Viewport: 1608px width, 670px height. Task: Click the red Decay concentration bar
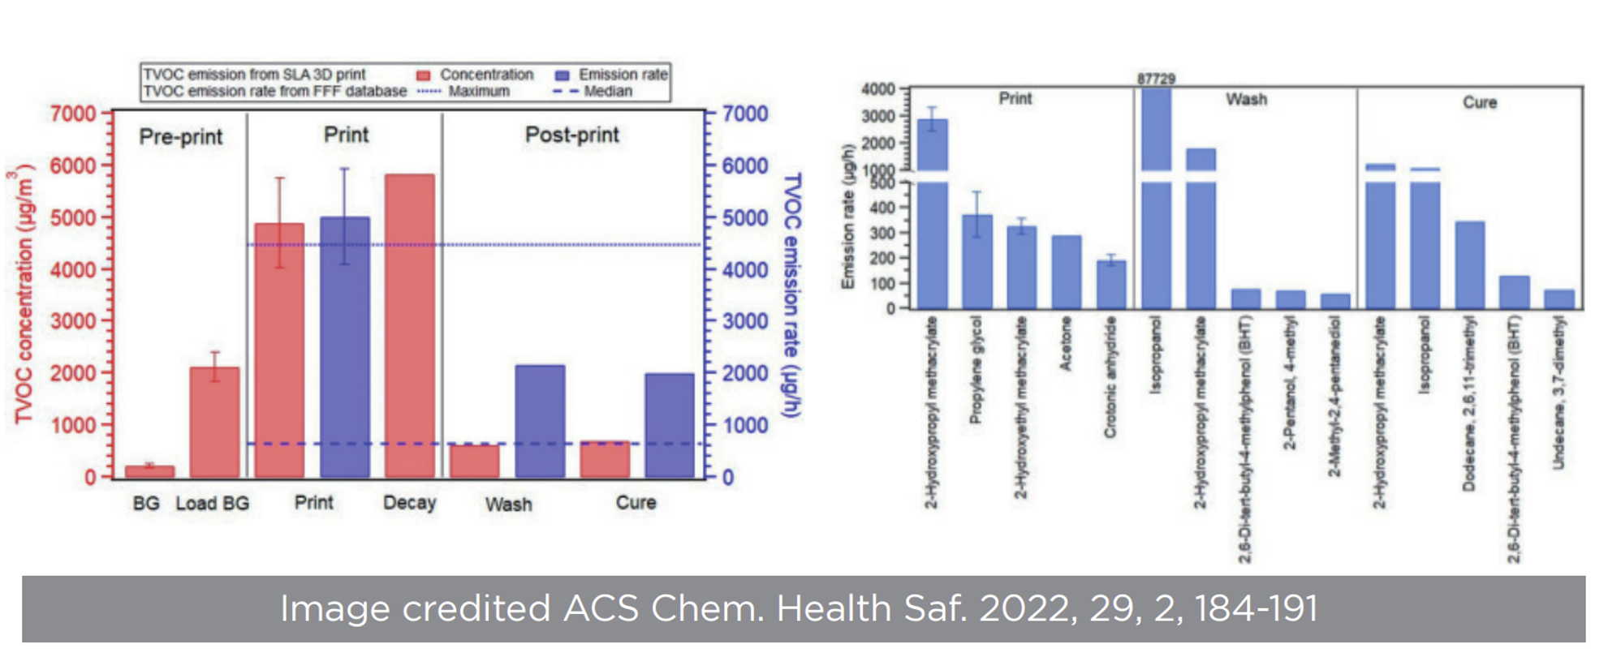coord(409,324)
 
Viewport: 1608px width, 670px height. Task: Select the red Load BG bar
coord(214,422)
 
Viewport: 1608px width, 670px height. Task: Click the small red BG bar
coord(149,471)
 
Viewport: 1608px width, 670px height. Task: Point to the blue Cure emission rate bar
coord(670,425)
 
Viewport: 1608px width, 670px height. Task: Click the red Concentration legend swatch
coord(423,75)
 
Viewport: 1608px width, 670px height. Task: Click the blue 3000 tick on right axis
coord(745,321)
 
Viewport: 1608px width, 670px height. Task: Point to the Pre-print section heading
coord(180,136)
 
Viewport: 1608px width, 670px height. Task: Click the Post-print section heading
coord(571,135)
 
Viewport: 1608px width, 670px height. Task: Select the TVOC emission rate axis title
coord(792,295)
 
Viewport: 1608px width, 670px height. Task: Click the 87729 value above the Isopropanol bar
coord(1156,79)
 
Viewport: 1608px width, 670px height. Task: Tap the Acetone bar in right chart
coord(1067,272)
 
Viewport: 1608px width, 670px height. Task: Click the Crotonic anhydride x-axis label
coord(1110,377)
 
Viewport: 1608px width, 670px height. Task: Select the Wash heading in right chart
coord(1246,100)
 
